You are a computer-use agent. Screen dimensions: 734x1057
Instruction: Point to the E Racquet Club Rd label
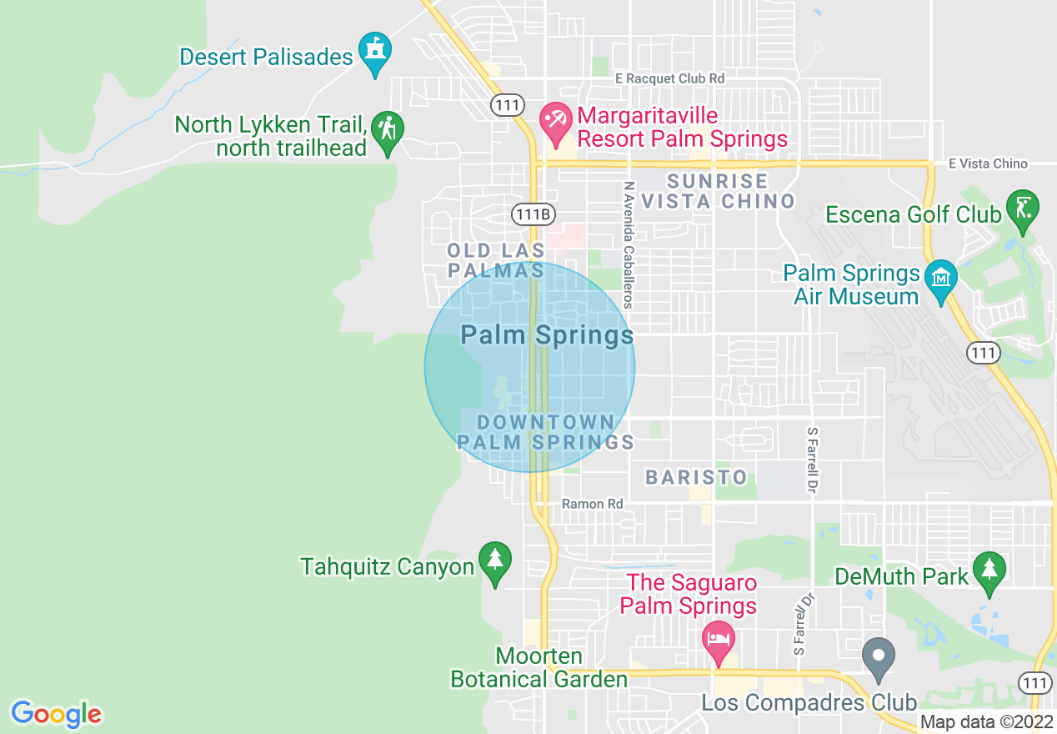669,78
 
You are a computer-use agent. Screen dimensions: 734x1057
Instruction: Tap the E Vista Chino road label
988,163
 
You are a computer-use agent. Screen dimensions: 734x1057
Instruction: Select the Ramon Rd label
592,504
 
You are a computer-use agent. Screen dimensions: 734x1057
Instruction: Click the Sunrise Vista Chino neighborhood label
718,191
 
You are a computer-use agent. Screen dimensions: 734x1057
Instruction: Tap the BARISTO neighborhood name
697,477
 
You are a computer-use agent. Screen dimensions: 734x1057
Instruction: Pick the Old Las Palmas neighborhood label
496,260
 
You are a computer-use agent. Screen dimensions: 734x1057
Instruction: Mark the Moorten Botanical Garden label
539,667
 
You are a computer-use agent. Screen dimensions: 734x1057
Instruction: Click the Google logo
56,714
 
